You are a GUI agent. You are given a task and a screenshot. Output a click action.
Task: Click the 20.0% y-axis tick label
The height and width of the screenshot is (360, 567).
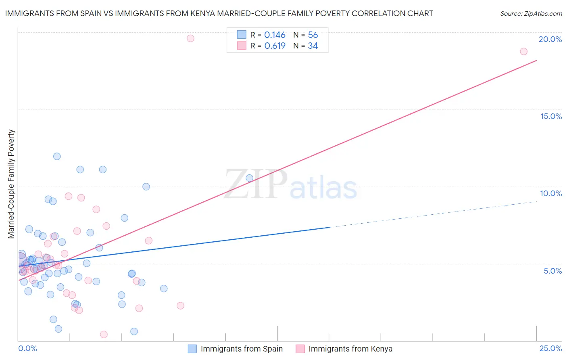coord(550,39)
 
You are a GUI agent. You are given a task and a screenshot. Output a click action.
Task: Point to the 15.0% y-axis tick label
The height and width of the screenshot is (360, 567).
coord(551,116)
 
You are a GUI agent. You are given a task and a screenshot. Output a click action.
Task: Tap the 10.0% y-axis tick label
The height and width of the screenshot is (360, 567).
coord(551,193)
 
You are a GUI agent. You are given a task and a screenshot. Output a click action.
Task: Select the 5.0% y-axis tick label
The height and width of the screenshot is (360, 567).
coord(552,271)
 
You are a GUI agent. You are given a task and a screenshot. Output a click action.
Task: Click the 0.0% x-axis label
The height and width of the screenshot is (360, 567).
coord(27,348)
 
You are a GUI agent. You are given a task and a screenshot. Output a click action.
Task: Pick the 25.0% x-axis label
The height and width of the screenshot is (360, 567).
coord(550,348)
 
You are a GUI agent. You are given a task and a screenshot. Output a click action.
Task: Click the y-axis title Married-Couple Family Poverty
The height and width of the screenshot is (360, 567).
coord(11,184)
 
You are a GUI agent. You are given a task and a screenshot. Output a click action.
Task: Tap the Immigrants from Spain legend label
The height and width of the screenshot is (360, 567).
coord(242,349)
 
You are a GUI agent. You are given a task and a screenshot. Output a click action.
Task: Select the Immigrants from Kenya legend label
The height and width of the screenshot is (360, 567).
coord(350,349)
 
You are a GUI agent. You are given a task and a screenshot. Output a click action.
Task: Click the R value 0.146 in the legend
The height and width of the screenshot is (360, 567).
coord(275,35)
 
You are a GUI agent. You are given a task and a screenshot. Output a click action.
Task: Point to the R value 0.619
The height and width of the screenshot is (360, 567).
coord(275,46)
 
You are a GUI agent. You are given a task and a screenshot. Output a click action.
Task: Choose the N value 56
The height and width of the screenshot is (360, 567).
coord(313,35)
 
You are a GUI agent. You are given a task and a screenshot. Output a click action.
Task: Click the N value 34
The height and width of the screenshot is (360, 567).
coord(313,46)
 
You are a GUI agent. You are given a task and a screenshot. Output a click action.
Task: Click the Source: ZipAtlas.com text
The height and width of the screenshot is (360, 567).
coord(531,14)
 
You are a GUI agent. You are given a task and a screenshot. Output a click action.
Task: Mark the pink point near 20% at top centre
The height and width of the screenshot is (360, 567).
coord(190,38)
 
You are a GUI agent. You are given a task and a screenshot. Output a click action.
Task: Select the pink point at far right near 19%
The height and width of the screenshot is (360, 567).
coord(523,51)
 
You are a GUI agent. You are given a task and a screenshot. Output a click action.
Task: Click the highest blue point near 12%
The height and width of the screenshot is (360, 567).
coord(57,156)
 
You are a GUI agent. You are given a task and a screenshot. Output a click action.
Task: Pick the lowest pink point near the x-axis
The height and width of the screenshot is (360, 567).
coord(104,334)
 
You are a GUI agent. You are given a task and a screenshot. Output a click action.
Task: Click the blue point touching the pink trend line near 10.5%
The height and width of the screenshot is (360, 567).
coord(249,178)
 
